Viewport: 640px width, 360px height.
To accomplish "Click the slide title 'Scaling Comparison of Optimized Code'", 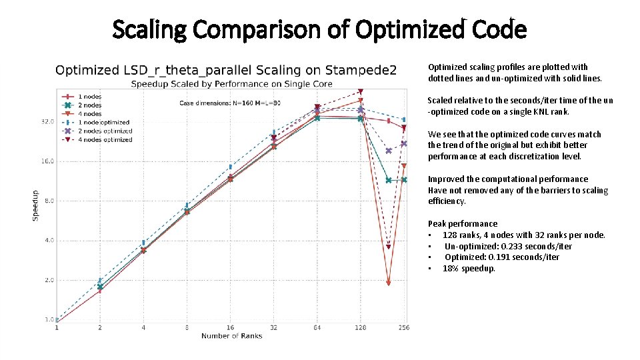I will tap(319, 29).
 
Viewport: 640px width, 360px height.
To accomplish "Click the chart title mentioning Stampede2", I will tap(226, 70).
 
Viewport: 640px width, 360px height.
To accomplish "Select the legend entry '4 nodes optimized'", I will tap(106, 140).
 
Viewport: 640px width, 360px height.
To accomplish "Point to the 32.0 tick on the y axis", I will tap(47, 122).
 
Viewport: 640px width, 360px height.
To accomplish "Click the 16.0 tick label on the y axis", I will tap(47, 161).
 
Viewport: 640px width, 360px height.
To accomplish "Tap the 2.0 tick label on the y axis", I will tap(49, 280).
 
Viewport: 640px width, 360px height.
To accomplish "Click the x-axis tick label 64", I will tap(317, 327).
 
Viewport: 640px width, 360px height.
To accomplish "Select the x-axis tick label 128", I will tap(360, 327).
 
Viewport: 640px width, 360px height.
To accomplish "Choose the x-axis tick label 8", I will tap(187, 327).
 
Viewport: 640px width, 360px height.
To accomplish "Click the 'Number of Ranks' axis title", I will tap(232, 336).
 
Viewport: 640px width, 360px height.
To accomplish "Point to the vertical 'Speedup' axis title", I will tap(36, 206).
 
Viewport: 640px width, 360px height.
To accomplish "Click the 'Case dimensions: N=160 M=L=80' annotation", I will tap(229, 103).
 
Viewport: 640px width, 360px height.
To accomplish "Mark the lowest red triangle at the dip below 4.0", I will tap(388, 283).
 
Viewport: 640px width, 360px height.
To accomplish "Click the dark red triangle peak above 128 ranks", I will tap(361, 91).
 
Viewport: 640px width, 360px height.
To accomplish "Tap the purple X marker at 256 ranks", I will tap(404, 143).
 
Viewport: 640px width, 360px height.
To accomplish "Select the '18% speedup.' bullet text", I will tap(469, 269).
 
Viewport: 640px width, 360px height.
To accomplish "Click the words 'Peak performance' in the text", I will tap(463, 224).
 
